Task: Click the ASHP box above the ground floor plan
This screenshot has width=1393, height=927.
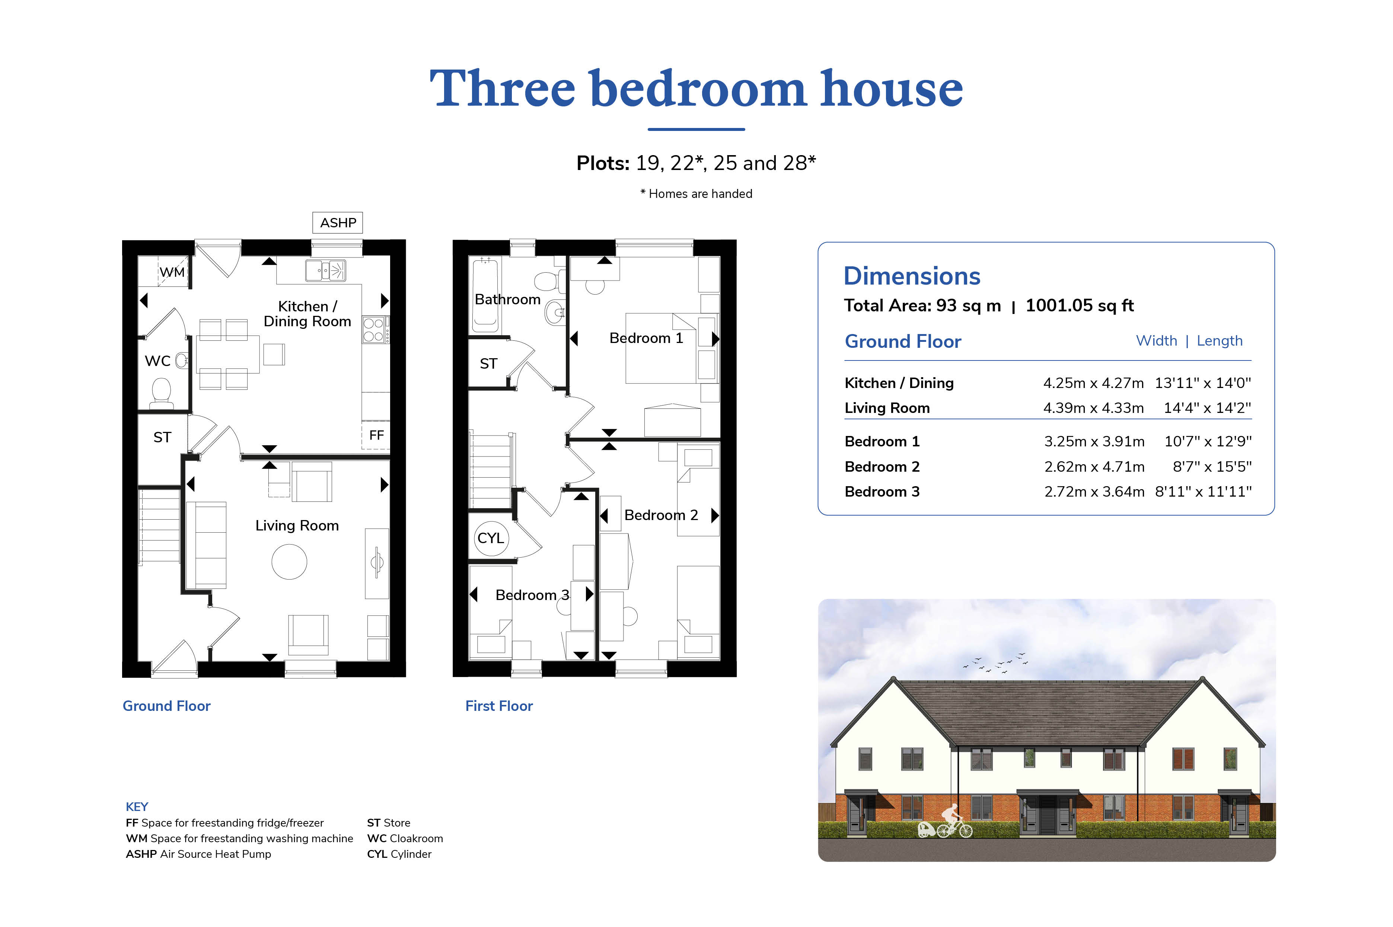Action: click(337, 223)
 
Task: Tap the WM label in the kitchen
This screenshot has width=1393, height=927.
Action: click(172, 272)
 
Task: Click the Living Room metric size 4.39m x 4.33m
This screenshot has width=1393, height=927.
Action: click(1093, 408)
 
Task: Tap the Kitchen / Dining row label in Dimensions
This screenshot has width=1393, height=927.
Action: click(899, 383)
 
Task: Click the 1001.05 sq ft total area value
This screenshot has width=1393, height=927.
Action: click(1079, 306)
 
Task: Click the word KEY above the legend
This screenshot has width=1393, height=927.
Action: click(137, 806)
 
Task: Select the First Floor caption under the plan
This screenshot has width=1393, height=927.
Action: click(498, 706)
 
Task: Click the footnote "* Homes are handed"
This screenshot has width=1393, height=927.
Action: click(696, 194)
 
